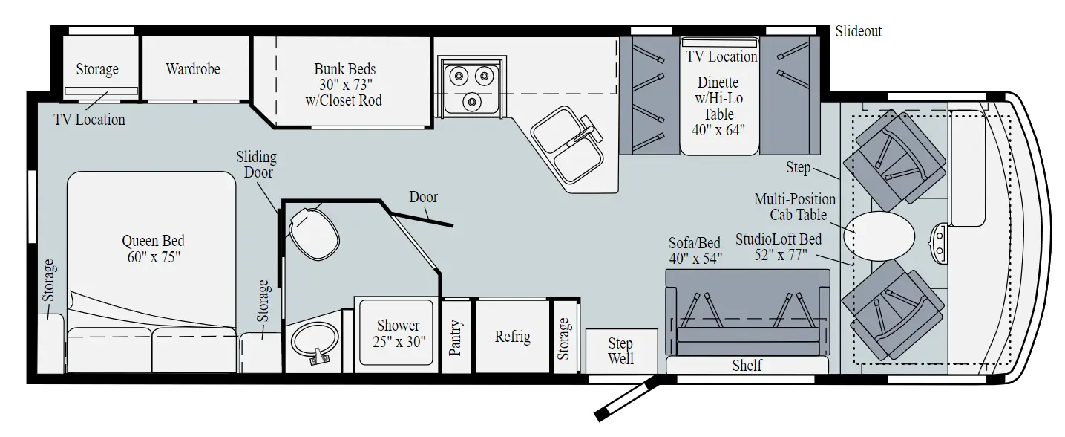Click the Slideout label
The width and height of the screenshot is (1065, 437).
[858, 32]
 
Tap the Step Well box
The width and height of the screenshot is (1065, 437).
[621, 351]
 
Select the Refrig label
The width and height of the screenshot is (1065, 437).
[512, 337]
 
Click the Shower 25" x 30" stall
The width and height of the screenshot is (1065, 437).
[398, 334]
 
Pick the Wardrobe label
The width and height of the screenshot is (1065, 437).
[193, 69]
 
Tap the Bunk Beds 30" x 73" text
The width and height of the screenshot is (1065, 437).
[344, 84]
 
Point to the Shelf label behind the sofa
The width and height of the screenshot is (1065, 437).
[747, 366]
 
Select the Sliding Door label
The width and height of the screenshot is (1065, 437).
[256, 164]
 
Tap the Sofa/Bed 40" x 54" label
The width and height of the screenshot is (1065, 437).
[695, 250]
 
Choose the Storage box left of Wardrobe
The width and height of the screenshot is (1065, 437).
[97, 69]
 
